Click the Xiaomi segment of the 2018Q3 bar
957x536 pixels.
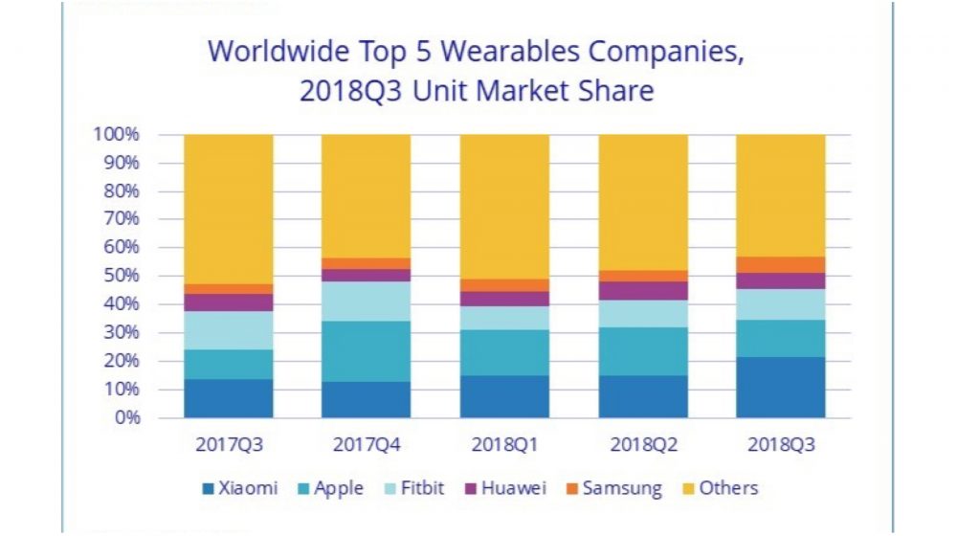click(x=780, y=388)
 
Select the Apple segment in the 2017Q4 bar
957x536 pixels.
click(x=366, y=351)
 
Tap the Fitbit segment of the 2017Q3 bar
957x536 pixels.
click(x=229, y=330)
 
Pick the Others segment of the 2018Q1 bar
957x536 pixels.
click(x=504, y=206)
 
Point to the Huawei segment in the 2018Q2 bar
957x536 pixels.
click(x=642, y=291)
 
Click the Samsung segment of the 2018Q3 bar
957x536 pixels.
click(x=780, y=264)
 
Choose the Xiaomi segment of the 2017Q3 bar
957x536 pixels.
click(x=229, y=398)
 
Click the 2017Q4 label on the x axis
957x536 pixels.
click(x=366, y=445)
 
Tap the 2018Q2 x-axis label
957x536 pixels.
click(x=642, y=445)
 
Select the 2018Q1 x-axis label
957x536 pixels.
click(x=504, y=445)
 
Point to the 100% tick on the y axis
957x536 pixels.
click(x=116, y=134)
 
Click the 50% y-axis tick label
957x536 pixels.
click(x=121, y=276)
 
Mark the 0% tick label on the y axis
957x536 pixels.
click(x=125, y=417)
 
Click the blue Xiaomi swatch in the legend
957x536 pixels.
click(x=208, y=489)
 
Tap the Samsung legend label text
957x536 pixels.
click(x=624, y=488)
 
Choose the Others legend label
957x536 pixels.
click(x=728, y=488)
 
